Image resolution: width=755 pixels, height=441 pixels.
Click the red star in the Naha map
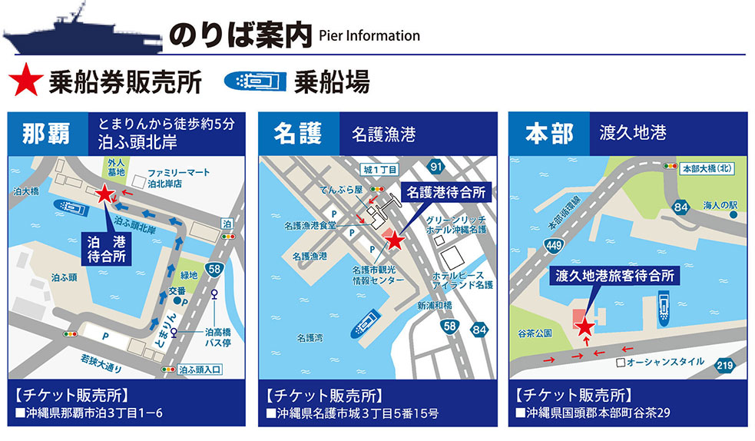[105, 195]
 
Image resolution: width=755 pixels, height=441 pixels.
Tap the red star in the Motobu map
[584, 327]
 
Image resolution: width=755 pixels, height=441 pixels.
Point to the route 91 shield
[436, 167]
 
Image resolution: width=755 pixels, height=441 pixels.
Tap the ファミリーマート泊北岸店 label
[180, 178]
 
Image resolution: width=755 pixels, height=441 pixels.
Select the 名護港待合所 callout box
[445, 193]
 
